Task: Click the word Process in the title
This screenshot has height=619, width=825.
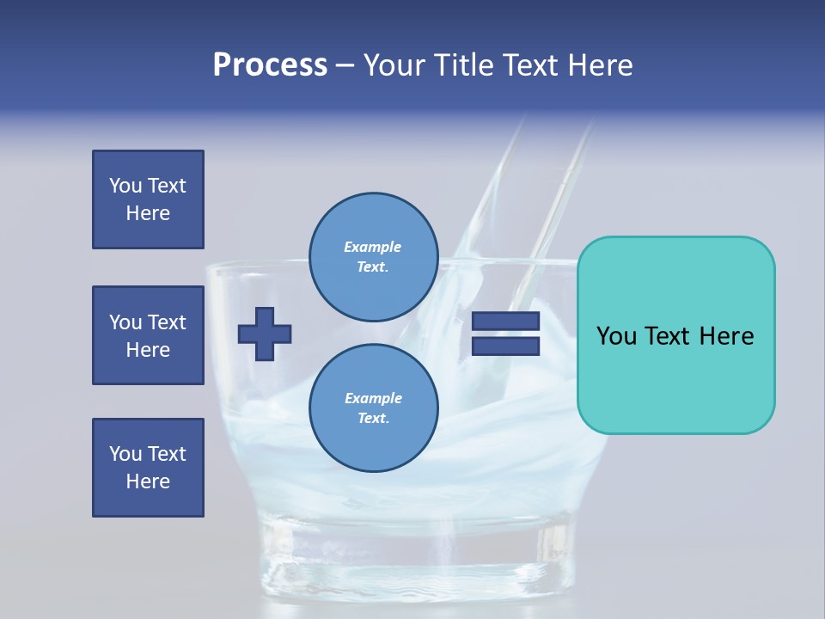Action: pos(270,65)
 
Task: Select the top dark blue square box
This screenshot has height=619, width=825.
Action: pos(148,199)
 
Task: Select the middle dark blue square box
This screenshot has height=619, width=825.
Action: pos(148,335)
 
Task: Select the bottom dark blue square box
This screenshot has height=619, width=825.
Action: pos(148,468)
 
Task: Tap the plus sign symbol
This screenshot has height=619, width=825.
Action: pos(265,334)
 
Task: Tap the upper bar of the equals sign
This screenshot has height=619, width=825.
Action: pos(505,321)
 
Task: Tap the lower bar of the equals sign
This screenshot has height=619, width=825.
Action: pos(505,346)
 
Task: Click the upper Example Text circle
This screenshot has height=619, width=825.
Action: pos(373,257)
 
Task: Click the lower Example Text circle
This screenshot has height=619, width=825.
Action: pos(373,408)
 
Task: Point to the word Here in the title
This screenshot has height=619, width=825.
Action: pos(598,65)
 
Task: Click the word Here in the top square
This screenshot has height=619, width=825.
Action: pos(148,213)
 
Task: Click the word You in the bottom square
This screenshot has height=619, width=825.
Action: pos(125,454)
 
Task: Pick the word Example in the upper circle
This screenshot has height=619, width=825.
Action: pos(373,248)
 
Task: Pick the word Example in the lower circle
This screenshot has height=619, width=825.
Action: pos(373,399)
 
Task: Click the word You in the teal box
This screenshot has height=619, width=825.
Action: pos(616,336)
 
